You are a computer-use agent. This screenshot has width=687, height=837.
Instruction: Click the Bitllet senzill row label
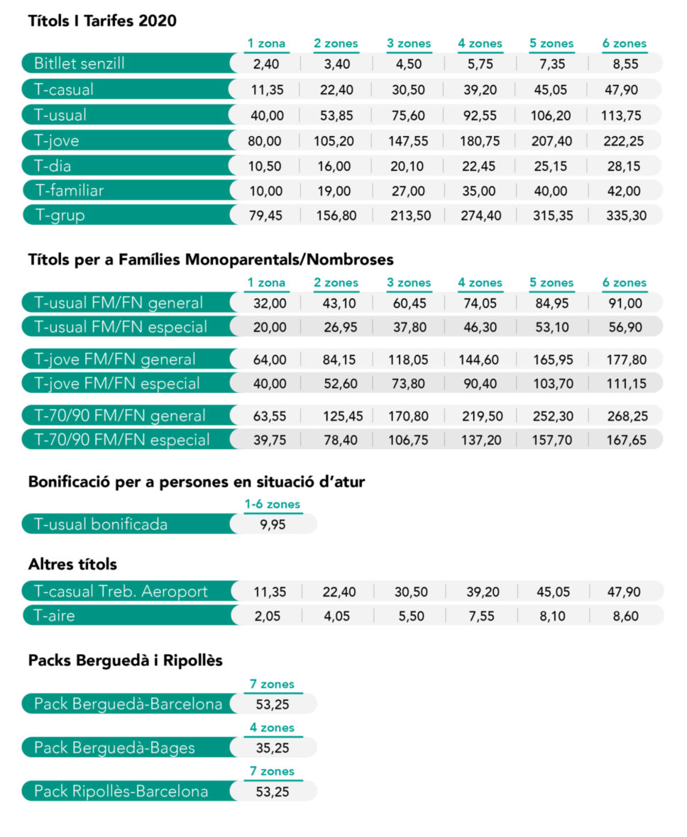(x=79, y=64)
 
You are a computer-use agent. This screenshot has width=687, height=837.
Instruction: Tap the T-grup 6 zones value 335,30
(x=626, y=216)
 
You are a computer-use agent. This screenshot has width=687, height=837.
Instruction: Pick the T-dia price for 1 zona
(x=265, y=166)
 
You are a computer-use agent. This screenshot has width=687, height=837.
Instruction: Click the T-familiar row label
(x=70, y=191)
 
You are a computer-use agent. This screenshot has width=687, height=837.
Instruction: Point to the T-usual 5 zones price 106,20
(x=551, y=116)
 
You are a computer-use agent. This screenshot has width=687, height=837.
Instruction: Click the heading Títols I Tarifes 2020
(x=102, y=21)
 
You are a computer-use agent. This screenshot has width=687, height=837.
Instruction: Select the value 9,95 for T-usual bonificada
(x=273, y=525)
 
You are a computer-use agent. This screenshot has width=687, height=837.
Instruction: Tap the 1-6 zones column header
(x=273, y=504)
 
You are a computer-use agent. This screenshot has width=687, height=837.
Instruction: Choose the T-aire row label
(x=54, y=616)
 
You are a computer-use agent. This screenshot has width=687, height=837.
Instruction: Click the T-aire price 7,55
(x=481, y=616)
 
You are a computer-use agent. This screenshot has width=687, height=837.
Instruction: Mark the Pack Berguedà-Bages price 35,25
(x=273, y=748)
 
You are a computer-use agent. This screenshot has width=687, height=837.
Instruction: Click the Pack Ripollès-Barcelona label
(x=121, y=791)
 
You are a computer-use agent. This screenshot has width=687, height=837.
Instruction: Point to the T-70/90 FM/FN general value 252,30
(x=553, y=416)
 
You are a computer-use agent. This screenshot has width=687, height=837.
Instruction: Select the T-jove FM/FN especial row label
(x=117, y=383)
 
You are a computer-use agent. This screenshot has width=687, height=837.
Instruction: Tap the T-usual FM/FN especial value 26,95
(x=340, y=327)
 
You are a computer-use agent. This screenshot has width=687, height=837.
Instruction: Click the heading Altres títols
(x=72, y=564)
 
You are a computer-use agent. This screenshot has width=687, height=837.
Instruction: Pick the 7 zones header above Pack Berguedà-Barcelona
(x=273, y=684)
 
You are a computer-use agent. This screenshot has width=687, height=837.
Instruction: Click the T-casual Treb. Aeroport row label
(x=121, y=592)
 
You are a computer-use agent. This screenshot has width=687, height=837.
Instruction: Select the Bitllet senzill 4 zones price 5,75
(x=480, y=64)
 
